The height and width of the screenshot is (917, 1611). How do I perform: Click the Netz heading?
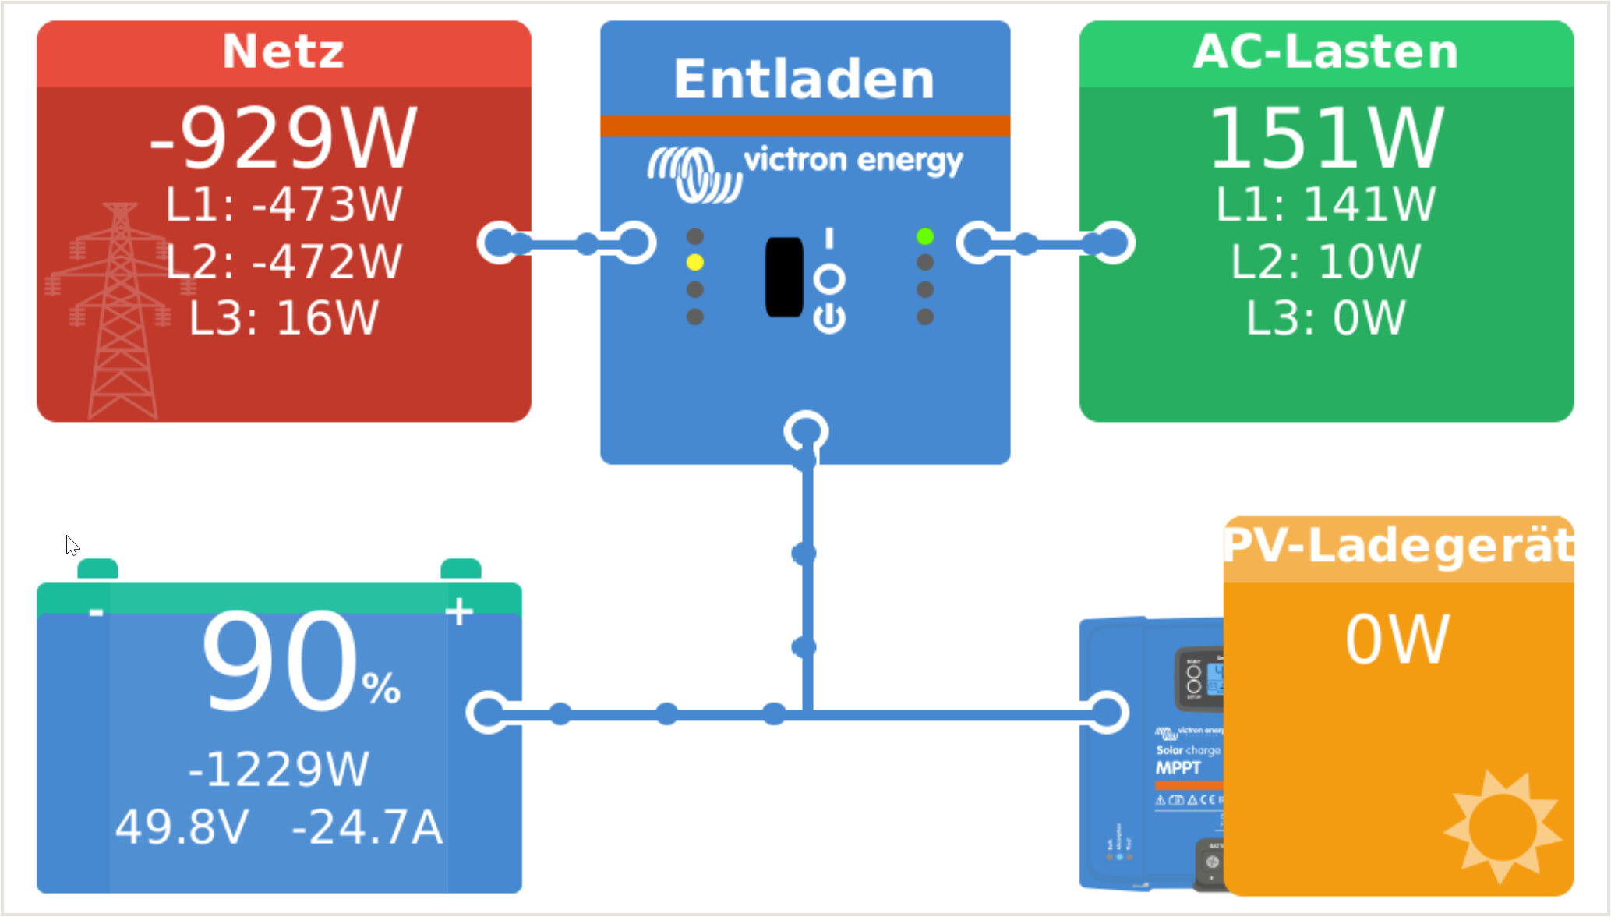click(x=283, y=51)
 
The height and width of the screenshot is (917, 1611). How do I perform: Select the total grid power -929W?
click(x=283, y=138)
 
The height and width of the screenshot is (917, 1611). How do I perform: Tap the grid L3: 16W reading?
click(x=284, y=318)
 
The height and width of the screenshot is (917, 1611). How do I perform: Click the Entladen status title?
click(x=804, y=80)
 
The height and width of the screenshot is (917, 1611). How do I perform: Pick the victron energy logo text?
click(x=853, y=161)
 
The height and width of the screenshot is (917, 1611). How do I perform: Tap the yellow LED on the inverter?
click(x=694, y=263)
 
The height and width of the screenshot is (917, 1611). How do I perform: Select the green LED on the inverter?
click(x=925, y=236)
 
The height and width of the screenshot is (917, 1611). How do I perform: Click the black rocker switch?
click(x=784, y=277)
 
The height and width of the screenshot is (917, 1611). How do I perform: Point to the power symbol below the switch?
click(x=829, y=319)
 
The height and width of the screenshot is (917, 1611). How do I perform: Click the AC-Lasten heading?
click(x=1325, y=51)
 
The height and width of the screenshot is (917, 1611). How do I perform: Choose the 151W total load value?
click(x=1327, y=138)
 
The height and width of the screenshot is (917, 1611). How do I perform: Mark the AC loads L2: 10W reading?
click(x=1326, y=261)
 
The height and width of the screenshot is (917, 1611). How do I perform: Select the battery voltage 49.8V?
click(x=182, y=827)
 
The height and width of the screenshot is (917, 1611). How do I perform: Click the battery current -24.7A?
click(x=367, y=827)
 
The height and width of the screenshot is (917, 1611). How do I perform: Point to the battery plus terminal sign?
click(x=459, y=611)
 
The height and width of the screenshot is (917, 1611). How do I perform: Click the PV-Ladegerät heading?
click(x=1398, y=545)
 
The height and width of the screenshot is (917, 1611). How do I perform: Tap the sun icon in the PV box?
click(x=1502, y=827)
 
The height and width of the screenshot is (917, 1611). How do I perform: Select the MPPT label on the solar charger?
click(x=1178, y=768)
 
